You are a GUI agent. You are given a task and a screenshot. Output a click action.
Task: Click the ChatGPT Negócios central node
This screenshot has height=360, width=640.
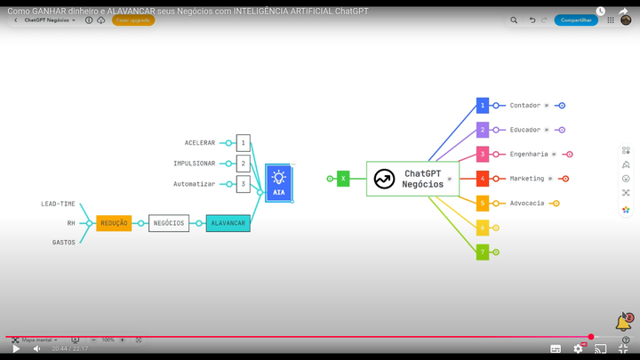click(x=412, y=179)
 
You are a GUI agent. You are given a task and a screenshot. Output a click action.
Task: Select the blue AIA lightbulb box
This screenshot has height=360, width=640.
click(x=278, y=182)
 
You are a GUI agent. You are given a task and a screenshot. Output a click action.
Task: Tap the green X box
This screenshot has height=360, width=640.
click(x=343, y=179)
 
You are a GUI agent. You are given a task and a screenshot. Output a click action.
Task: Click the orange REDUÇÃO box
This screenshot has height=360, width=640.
click(x=114, y=223)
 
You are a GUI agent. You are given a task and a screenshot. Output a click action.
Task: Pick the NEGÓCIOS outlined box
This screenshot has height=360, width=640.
click(x=169, y=223)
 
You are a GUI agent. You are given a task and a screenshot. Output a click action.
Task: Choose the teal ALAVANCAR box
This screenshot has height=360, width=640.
click(x=228, y=223)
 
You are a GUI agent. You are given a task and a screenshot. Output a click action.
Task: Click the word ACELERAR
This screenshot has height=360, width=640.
click(x=200, y=143)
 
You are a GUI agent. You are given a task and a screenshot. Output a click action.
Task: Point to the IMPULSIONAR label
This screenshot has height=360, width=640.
click(x=195, y=164)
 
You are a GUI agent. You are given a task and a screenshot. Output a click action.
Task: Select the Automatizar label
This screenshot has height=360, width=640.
click(x=195, y=184)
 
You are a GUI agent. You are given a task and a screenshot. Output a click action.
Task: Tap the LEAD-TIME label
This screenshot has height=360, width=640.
click(x=59, y=204)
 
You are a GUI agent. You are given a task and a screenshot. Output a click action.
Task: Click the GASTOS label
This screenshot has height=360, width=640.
click(x=64, y=242)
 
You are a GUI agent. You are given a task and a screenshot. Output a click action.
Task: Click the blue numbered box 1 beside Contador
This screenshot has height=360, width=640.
click(x=483, y=106)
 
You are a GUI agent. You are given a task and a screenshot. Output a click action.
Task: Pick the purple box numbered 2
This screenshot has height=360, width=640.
click(x=483, y=130)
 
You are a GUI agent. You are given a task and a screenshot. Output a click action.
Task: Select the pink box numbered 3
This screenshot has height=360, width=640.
click(x=483, y=154)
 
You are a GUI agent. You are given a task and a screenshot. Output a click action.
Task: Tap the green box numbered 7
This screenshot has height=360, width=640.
click(x=483, y=252)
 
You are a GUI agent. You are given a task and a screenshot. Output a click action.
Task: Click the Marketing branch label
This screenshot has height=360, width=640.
click(x=527, y=179)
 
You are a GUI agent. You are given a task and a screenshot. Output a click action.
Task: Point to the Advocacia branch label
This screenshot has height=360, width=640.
click(x=527, y=204)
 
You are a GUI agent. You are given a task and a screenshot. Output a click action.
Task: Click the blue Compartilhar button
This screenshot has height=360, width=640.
click(x=576, y=20)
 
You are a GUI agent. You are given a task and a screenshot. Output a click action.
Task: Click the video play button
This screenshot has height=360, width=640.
click(x=16, y=349)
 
